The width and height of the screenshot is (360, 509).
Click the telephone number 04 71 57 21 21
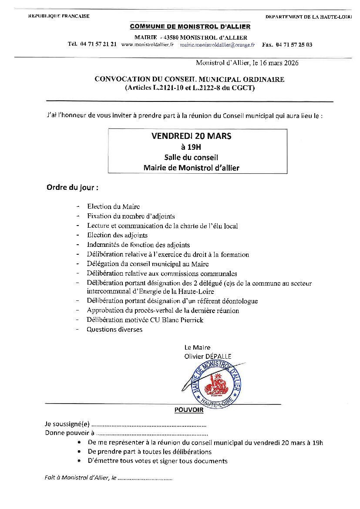(98, 44)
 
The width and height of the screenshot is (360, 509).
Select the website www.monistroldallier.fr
(148, 44)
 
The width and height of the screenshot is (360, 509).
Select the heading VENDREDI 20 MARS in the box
(192, 136)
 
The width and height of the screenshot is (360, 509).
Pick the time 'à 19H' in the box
(191, 147)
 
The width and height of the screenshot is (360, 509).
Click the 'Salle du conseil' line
(191, 157)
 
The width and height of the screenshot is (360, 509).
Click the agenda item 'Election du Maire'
(114, 206)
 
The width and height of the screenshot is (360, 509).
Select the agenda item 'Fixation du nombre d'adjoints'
(131, 216)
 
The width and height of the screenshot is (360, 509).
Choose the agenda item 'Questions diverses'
(114, 330)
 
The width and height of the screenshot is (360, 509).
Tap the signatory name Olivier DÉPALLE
(208, 356)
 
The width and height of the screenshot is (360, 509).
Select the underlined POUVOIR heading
(189, 410)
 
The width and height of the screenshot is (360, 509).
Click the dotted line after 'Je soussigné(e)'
(149, 424)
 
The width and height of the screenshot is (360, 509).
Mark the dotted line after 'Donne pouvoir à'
(151, 433)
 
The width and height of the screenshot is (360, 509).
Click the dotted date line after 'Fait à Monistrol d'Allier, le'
(145, 478)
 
